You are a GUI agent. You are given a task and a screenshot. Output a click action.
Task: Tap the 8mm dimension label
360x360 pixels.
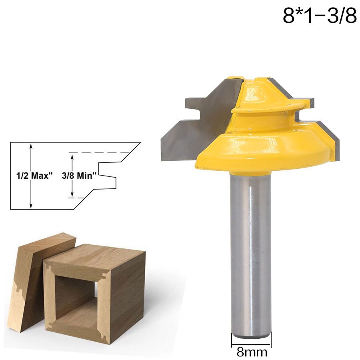[x=251, y=352]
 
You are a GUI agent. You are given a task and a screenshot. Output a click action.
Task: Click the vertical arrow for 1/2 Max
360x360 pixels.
[x=30, y=176]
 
